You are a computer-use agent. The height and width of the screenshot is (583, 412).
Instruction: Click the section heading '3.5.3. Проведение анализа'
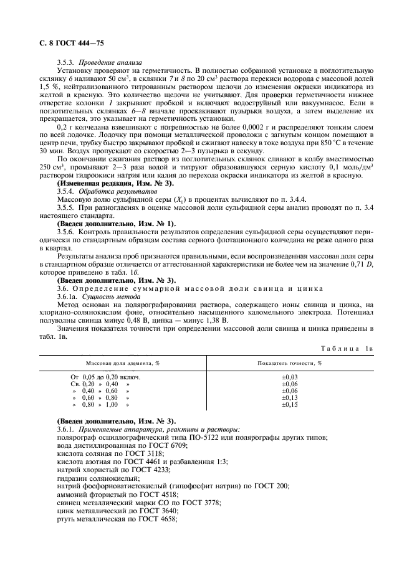pyautogui.click(x=99, y=62)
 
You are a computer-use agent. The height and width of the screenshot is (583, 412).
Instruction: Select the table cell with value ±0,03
pyautogui.click(x=290, y=377)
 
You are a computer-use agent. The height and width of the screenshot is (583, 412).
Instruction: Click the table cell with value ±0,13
pyautogui.click(x=290, y=397)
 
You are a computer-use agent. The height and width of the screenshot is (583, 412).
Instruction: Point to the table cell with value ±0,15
pyautogui.click(x=290, y=404)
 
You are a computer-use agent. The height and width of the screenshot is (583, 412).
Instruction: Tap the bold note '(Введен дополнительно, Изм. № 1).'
pyautogui.click(x=117, y=223)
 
